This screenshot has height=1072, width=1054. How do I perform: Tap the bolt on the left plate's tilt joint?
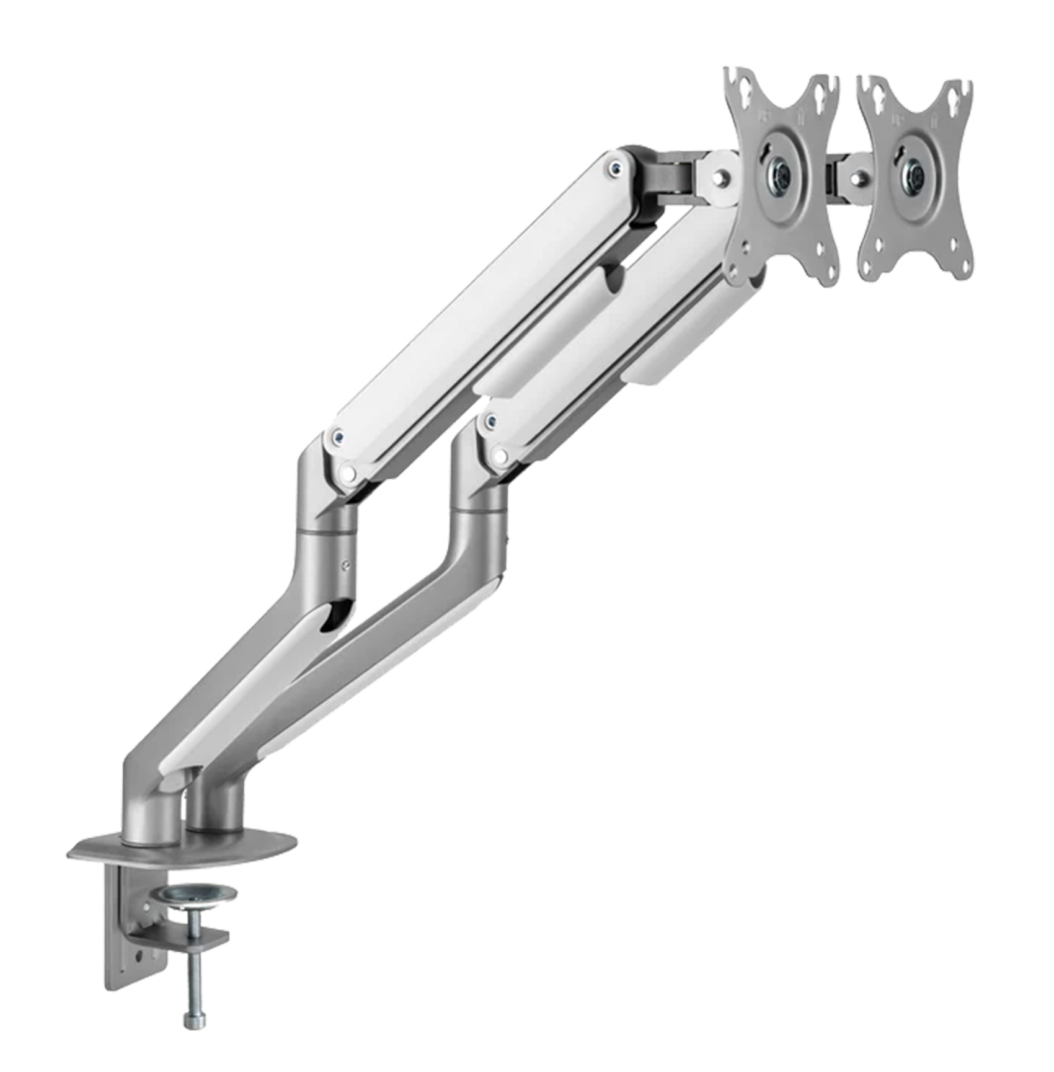719,179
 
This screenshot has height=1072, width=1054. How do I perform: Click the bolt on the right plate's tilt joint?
856,179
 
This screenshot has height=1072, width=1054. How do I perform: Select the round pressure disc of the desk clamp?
193,895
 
